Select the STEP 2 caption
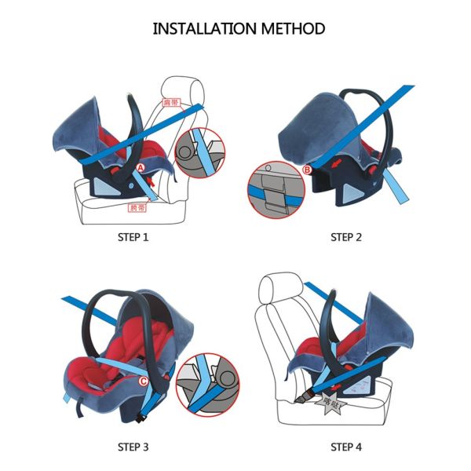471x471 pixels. click(346, 236)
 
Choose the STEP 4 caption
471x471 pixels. click(346, 447)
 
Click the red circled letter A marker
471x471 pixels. click(141, 169)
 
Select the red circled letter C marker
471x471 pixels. click(143, 382)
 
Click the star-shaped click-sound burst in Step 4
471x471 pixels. click(318, 404)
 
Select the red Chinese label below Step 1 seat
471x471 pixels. click(137, 208)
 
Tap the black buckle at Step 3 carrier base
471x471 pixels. click(142, 414)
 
